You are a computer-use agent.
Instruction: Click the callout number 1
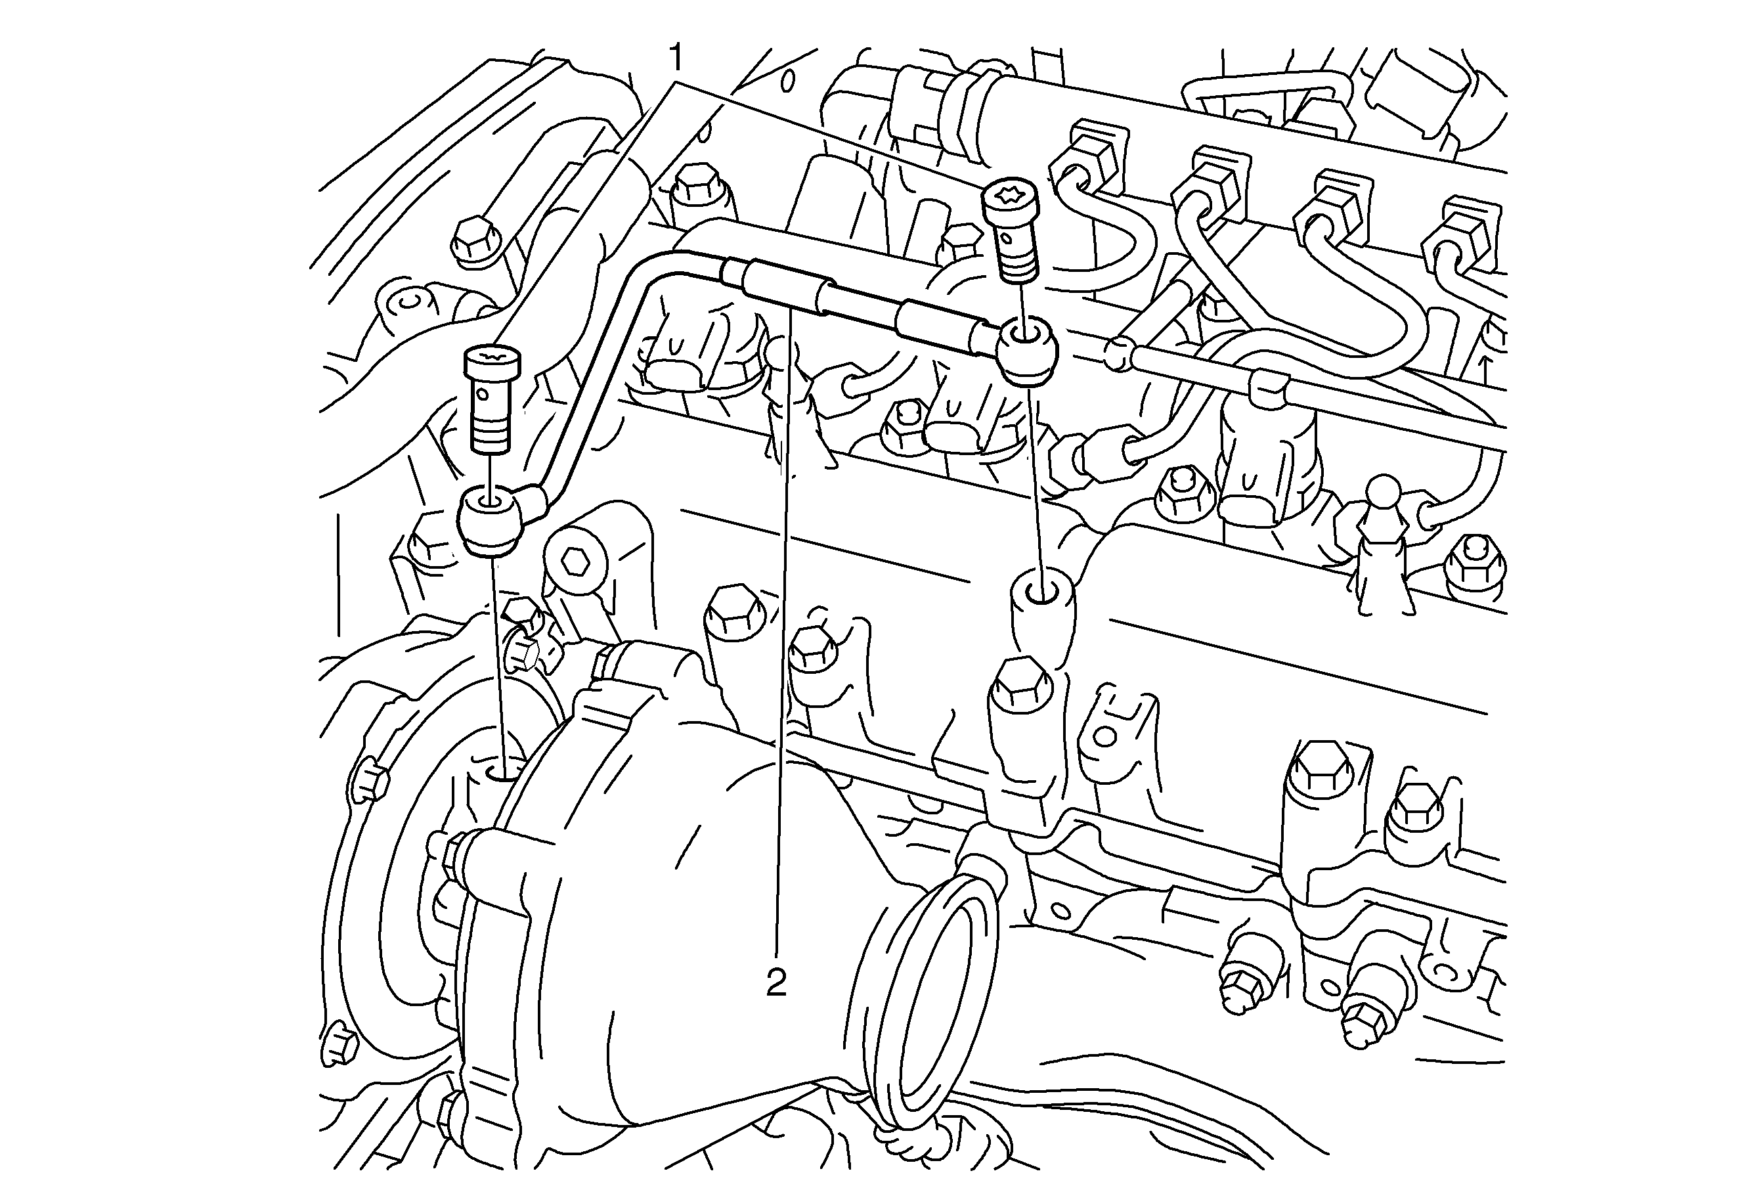[x=677, y=57]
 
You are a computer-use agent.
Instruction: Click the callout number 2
[x=776, y=982]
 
